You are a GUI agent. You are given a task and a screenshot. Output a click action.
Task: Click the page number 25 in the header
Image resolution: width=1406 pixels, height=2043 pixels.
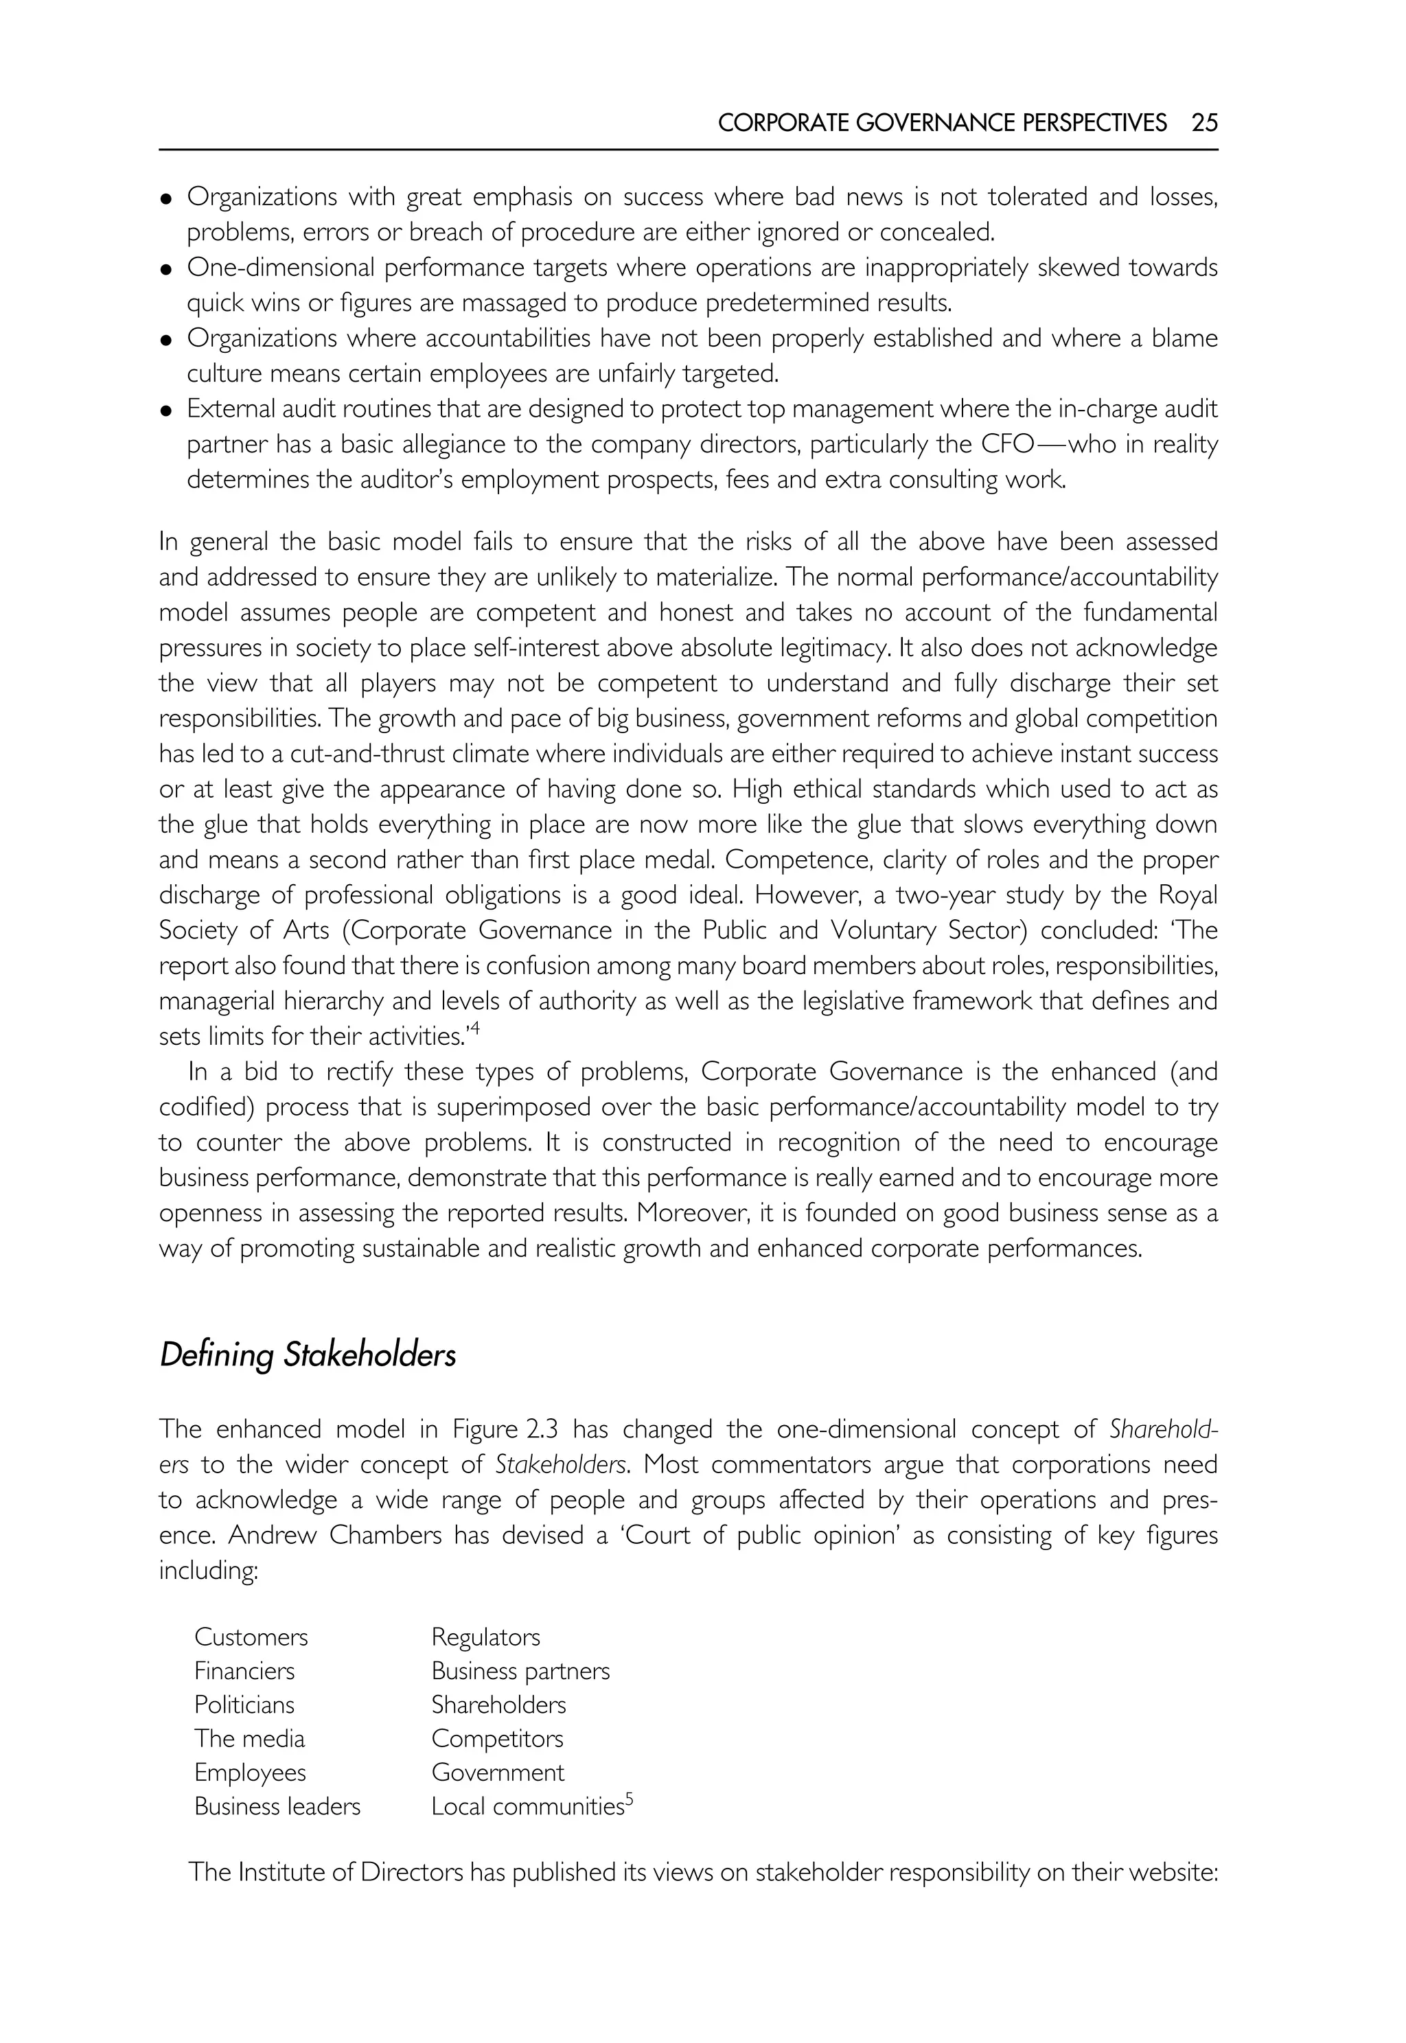click(x=1204, y=124)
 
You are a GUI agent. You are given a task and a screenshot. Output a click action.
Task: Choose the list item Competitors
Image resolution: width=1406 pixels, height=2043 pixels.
click(x=497, y=1739)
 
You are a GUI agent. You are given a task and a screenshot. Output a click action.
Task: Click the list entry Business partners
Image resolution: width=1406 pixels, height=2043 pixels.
click(x=520, y=1671)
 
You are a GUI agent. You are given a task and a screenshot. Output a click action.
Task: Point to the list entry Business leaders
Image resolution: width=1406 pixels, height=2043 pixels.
click(x=277, y=1807)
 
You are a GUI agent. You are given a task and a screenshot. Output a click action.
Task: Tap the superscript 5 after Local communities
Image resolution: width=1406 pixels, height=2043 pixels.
click(x=630, y=1801)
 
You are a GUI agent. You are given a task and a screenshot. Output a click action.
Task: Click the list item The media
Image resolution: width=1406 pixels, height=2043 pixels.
click(x=249, y=1739)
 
